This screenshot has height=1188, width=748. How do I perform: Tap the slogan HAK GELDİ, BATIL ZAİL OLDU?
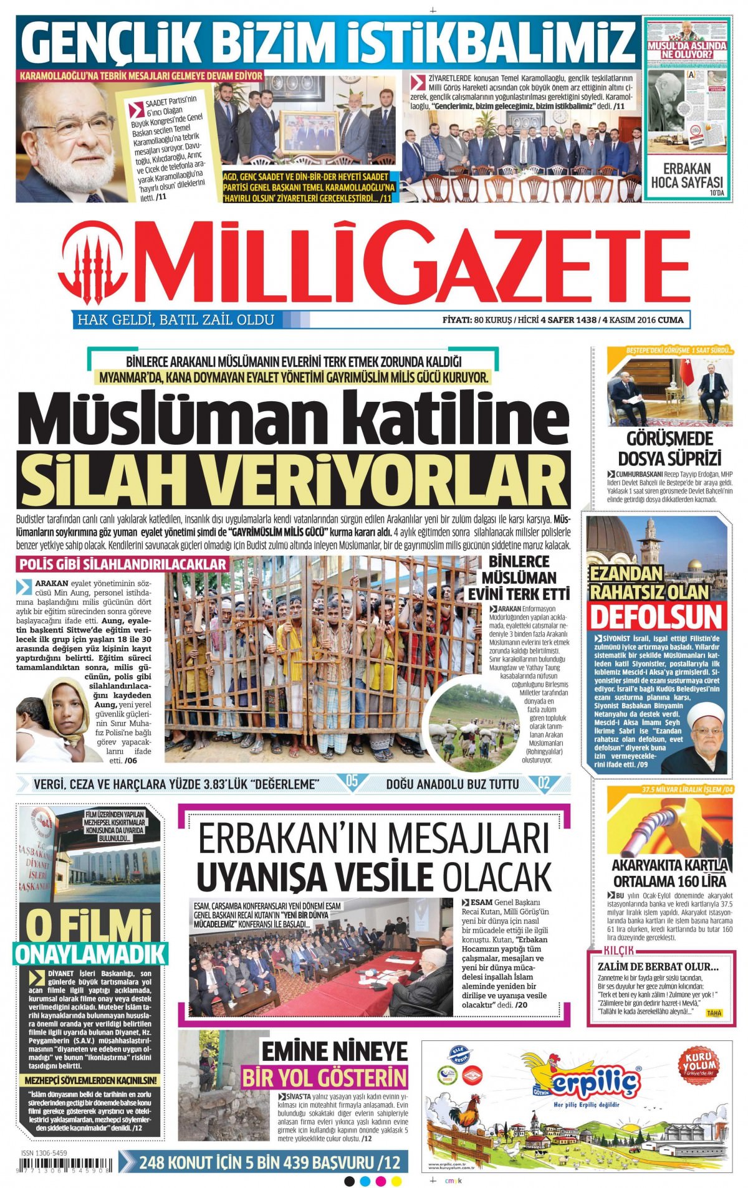pos(175,320)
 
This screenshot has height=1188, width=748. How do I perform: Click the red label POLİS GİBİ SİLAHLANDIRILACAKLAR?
pos(123,564)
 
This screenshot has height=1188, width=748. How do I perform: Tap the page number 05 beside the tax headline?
pos(352,782)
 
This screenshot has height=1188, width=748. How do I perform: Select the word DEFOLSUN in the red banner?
pos(656,617)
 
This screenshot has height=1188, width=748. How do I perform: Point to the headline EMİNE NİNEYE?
pos(334,1052)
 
